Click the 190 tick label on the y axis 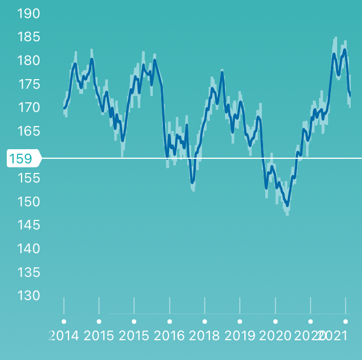[29, 14]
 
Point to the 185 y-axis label [29, 37]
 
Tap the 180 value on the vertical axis [29, 60]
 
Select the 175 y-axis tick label [29, 84]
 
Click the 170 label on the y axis [29, 107]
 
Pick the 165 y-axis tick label [29, 131]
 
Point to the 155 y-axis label [29, 178]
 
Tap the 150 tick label [29, 202]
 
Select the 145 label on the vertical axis [29, 225]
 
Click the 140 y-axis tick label [29, 249]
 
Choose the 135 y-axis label [29, 272]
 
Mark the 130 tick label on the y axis [29, 296]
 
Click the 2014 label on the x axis [64, 336]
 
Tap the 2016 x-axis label [170, 336]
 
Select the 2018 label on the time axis [205, 336]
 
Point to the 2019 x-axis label [240, 336]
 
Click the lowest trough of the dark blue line [288, 206]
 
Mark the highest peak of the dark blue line [344, 50]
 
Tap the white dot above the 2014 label [64, 322]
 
